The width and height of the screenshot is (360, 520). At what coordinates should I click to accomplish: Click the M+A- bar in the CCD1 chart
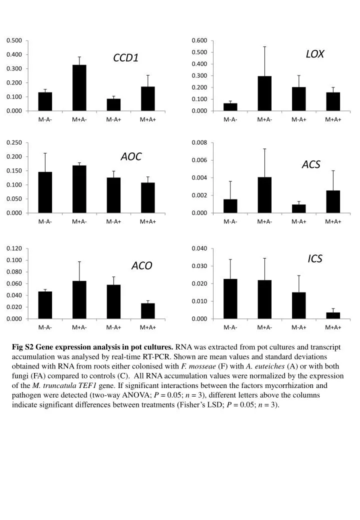tap(79, 88)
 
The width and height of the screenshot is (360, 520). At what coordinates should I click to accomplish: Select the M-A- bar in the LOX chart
tap(230, 107)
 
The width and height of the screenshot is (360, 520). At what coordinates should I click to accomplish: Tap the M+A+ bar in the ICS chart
tap(333, 315)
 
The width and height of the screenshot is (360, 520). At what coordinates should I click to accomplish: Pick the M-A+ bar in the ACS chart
tap(298, 208)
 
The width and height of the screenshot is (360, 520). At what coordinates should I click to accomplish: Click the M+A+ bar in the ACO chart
tap(148, 311)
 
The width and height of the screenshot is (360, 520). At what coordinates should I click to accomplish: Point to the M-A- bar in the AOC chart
tap(45, 192)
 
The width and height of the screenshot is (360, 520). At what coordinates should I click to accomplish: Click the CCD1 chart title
tap(125, 58)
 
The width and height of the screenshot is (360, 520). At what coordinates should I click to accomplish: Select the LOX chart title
tap(314, 54)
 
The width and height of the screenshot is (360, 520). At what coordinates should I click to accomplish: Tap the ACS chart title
tap(310, 164)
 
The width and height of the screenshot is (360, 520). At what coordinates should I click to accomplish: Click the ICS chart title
tap(314, 258)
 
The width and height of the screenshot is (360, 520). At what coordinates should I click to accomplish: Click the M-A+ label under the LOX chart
tap(298, 119)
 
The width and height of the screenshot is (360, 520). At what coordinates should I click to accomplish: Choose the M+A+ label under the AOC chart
tap(148, 221)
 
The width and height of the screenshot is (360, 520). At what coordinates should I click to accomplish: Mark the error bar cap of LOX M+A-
tap(264, 46)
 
